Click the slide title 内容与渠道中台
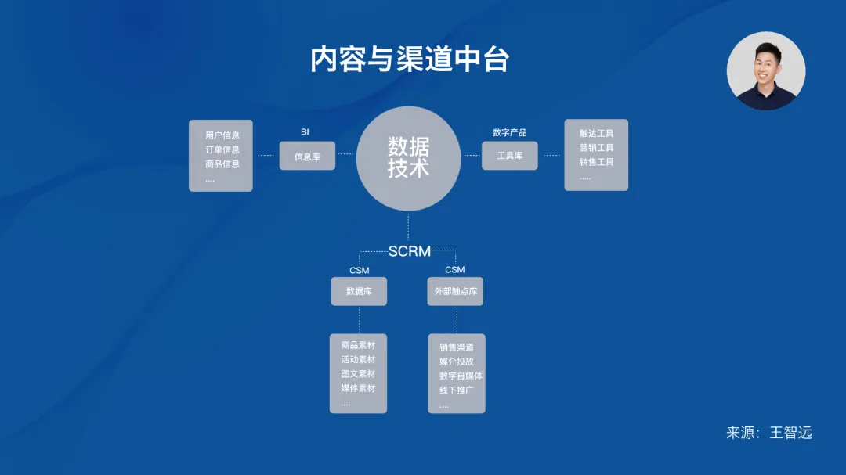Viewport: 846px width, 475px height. tap(410, 60)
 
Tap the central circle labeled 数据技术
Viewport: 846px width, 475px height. tap(408, 158)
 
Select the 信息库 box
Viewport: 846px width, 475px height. tap(307, 157)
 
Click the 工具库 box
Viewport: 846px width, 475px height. tap(510, 156)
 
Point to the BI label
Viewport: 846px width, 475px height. tap(305, 132)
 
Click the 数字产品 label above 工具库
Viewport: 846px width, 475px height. tap(509, 132)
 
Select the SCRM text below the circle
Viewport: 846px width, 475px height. tap(410, 251)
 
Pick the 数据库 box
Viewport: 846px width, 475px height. tap(359, 291)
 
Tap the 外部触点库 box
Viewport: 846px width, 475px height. tap(455, 291)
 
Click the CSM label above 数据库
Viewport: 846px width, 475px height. tap(359, 271)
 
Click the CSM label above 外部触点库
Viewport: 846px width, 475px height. tap(454, 270)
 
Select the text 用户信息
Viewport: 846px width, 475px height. tap(222, 135)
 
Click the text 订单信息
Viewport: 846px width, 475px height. tap(222, 149)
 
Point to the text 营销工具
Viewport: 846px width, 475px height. tap(596, 148)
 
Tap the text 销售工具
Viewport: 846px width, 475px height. tap(596, 162)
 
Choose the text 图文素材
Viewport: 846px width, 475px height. tap(358, 374)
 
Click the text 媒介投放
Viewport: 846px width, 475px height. tap(456, 362)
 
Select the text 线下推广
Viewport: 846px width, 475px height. tap(456, 390)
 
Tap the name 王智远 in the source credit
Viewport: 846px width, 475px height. tap(790, 433)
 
